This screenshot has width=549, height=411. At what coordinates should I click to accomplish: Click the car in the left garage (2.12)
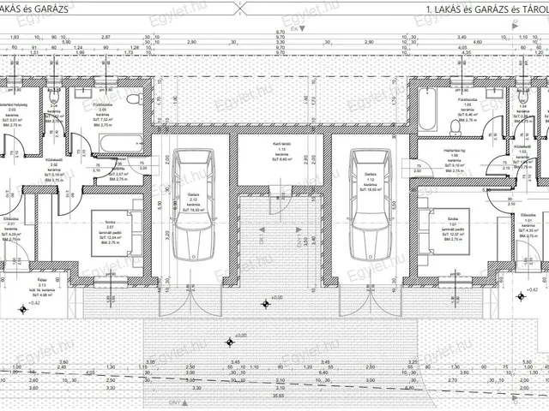tap(191, 205)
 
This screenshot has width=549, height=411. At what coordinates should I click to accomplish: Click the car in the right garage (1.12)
tap(370, 205)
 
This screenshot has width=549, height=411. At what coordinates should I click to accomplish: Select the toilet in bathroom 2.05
tap(133, 99)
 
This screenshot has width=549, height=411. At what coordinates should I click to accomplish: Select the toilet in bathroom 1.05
tap(455, 128)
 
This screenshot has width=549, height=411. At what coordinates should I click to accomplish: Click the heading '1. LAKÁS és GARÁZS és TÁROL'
tap(486, 9)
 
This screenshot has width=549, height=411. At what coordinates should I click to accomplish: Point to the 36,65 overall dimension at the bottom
tap(281, 396)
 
